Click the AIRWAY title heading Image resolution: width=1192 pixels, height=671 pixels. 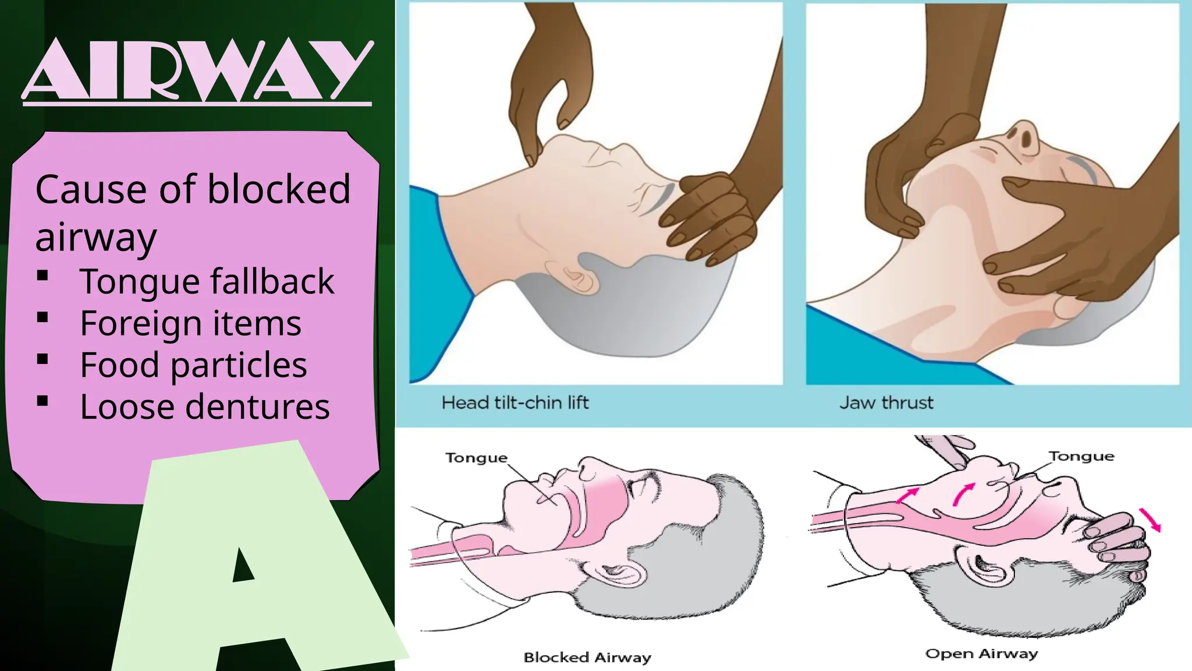tap(197, 70)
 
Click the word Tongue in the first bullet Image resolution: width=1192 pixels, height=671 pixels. tap(139, 282)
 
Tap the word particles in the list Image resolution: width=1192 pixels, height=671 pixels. tap(239, 366)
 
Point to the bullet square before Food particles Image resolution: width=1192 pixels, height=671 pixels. tap(42, 359)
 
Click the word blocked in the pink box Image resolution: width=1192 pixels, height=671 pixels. tap(279, 189)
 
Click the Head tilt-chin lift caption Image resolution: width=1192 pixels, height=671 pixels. tap(515, 402)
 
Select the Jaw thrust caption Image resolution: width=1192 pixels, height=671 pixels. tap(886, 402)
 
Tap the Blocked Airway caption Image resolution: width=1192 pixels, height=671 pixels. tap(587, 658)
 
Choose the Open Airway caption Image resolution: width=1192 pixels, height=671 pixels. tap(981, 654)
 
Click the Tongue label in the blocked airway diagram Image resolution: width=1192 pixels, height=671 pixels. tap(476, 458)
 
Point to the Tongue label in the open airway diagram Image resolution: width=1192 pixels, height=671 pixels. tap(1081, 456)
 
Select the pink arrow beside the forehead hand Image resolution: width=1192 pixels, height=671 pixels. tap(1150, 519)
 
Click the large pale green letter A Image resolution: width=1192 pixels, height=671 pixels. tap(256, 559)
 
